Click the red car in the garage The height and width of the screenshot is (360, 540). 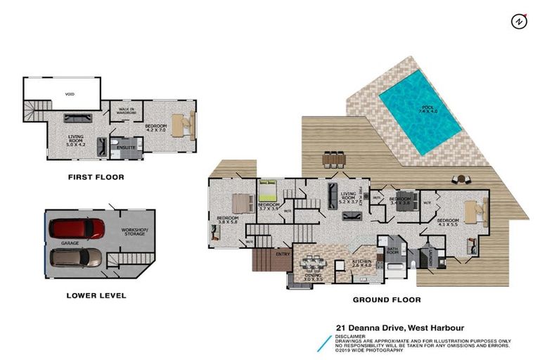[x=77, y=229]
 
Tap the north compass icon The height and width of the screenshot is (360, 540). [x=518, y=21]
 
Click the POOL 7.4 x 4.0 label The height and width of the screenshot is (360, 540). [x=428, y=109]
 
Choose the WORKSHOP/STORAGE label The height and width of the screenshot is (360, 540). [x=133, y=231]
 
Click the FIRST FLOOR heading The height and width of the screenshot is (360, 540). [x=96, y=177]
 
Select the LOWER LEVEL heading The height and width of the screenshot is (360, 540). [x=96, y=295]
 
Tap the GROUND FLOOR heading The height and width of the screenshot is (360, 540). [x=387, y=300]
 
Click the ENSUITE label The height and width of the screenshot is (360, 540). [x=126, y=148]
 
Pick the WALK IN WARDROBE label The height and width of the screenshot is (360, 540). [x=127, y=110]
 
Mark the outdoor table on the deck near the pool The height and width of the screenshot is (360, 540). [x=334, y=160]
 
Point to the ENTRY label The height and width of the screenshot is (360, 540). [x=283, y=254]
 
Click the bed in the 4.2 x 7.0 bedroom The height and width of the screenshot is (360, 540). [x=181, y=124]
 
